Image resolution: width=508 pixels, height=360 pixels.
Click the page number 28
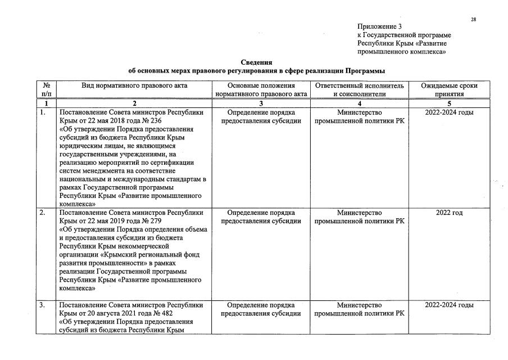tap(474, 20)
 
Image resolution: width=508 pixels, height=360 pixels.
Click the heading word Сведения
tap(256, 62)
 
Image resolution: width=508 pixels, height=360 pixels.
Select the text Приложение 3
tap(380, 26)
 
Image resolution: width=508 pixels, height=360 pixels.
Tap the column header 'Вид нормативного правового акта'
tap(134, 86)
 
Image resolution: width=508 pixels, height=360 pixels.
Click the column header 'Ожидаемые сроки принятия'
tap(449, 90)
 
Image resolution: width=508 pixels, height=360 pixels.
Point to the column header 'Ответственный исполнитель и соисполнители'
tap(359, 90)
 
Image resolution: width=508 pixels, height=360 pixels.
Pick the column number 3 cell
tap(261, 103)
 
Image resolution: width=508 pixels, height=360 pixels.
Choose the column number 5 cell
tap(449, 103)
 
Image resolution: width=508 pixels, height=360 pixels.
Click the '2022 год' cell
tap(449, 213)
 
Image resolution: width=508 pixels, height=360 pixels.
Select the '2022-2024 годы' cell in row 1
tap(449, 112)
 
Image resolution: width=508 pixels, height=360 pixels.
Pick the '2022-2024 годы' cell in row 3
tap(449, 305)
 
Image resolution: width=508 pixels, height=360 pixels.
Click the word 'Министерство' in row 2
tap(359, 213)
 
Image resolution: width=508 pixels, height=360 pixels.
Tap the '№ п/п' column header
tap(47, 90)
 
